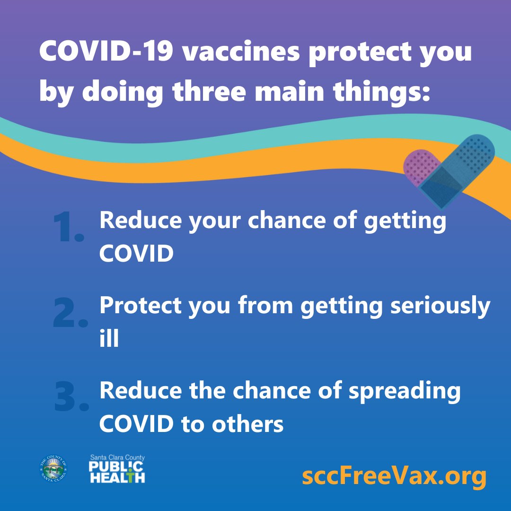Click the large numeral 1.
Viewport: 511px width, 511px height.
68,228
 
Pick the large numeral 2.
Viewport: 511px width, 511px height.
70,313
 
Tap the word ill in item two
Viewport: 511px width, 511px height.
109,339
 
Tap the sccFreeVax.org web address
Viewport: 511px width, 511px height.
394,477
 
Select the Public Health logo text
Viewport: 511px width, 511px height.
117,469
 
